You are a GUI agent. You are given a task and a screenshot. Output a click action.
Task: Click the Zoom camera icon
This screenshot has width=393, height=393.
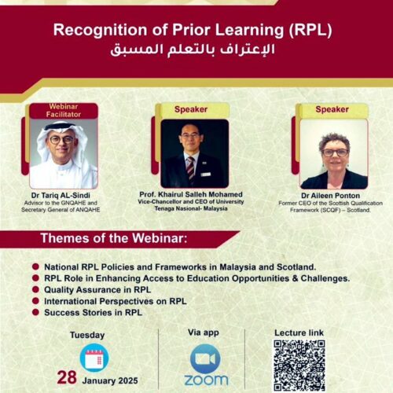pyautogui.click(x=205, y=359)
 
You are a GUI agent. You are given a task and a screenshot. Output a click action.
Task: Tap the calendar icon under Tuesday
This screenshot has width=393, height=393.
pyautogui.click(x=94, y=358)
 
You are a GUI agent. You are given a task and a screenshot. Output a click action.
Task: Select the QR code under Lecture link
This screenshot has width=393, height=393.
pyautogui.click(x=299, y=365)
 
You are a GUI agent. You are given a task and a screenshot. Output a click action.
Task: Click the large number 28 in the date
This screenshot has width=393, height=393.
pyautogui.click(x=67, y=377)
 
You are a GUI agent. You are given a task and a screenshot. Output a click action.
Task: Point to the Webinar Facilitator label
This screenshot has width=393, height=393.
pyautogui.click(x=64, y=111)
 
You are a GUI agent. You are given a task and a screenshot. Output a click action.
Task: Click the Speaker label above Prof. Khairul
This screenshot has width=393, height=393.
pyautogui.click(x=191, y=109)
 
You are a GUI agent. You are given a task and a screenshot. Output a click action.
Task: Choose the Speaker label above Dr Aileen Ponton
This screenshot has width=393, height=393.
pyautogui.click(x=332, y=109)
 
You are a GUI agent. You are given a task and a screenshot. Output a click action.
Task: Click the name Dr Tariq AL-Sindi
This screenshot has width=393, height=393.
pyautogui.click(x=61, y=196)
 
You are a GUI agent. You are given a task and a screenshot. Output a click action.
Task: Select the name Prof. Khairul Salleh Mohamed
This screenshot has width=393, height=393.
pyautogui.click(x=191, y=194)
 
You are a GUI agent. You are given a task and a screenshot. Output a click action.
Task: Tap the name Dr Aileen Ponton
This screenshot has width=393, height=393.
pyautogui.click(x=330, y=196)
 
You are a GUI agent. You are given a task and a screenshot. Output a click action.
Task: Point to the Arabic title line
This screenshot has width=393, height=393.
pyautogui.click(x=193, y=50)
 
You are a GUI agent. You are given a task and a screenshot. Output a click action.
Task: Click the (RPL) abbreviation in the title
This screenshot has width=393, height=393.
pyautogui.click(x=310, y=30)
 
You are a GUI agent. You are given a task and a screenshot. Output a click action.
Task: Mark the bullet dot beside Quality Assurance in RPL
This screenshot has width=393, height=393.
pyautogui.click(x=35, y=289)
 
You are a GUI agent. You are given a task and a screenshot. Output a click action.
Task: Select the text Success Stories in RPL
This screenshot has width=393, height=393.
pyautogui.click(x=93, y=313)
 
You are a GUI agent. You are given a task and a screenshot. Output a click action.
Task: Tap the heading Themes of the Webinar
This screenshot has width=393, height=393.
pyautogui.click(x=114, y=238)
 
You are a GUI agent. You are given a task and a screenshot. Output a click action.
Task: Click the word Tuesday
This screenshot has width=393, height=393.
pyautogui.click(x=87, y=335)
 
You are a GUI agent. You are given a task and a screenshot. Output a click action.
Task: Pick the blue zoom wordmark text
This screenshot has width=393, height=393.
pyautogui.click(x=206, y=380)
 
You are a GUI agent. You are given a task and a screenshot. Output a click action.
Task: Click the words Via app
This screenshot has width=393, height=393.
pyautogui.click(x=204, y=332)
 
